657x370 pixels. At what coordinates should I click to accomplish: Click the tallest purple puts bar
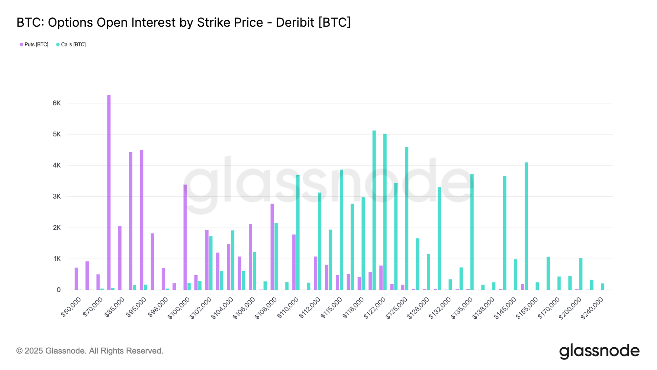(x=109, y=192)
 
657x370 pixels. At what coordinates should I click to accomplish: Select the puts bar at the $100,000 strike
(x=185, y=237)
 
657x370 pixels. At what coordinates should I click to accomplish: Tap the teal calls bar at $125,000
(x=407, y=218)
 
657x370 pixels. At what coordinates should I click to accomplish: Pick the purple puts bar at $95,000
(x=142, y=220)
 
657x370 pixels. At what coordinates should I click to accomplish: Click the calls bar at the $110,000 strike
(x=298, y=233)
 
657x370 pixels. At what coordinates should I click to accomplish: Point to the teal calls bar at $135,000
(x=472, y=232)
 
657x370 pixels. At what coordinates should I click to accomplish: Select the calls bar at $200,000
(x=581, y=274)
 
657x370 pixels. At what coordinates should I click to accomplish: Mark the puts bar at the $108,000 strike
(x=272, y=247)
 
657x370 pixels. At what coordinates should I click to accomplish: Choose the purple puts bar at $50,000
(x=76, y=279)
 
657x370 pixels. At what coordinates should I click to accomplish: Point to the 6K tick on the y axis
(x=57, y=103)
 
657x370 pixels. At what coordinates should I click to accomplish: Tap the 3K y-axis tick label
(x=57, y=197)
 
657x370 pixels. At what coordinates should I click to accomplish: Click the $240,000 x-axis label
(x=592, y=308)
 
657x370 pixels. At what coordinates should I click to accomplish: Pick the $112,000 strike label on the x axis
(x=309, y=308)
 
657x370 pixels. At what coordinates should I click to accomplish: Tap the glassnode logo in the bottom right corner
(x=599, y=351)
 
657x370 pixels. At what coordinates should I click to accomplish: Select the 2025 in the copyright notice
(x=34, y=351)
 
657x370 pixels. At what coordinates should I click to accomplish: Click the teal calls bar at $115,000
(x=341, y=230)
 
